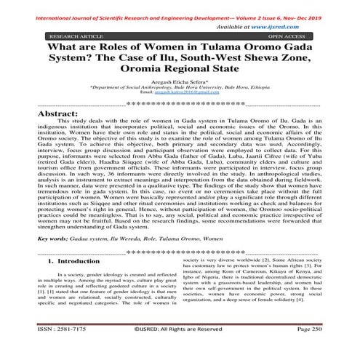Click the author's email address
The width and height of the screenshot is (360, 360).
(180, 95)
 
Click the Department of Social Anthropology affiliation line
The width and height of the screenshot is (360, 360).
(180, 90)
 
